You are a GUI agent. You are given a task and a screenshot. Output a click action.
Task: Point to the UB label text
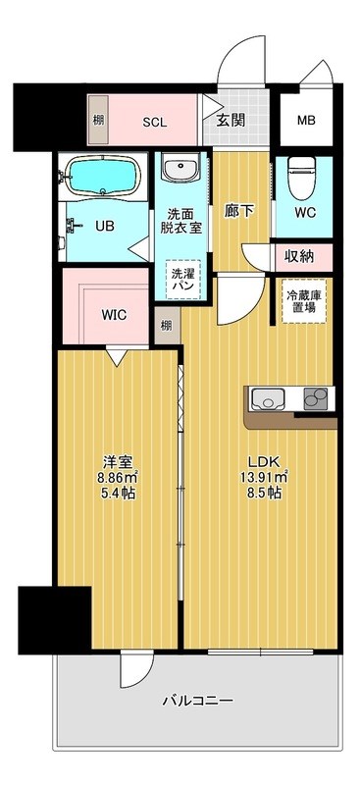[x=104, y=225]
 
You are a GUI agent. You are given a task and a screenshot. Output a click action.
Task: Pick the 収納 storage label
[x=300, y=257]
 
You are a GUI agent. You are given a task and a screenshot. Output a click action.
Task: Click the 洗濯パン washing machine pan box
[x=183, y=278]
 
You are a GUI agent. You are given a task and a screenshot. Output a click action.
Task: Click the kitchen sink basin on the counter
[x=267, y=399]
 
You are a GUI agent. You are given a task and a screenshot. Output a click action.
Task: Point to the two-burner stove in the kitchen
[x=316, y=399]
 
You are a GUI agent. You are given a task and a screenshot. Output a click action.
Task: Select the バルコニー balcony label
[x=197, y=701]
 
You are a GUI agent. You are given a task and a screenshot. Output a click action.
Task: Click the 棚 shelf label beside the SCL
[x=98, y=121]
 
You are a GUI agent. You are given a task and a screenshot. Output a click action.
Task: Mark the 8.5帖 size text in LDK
[x=264, y=493]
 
